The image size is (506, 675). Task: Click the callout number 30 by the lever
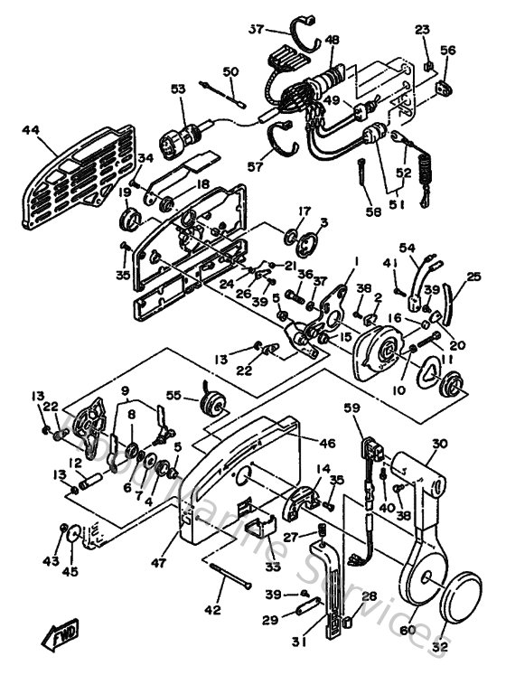coord(439,444)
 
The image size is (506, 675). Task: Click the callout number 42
coord(211,611)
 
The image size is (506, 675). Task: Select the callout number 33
coord(248,567)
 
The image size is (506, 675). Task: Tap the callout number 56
coord(448,52)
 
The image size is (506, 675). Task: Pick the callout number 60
coord(407,631)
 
